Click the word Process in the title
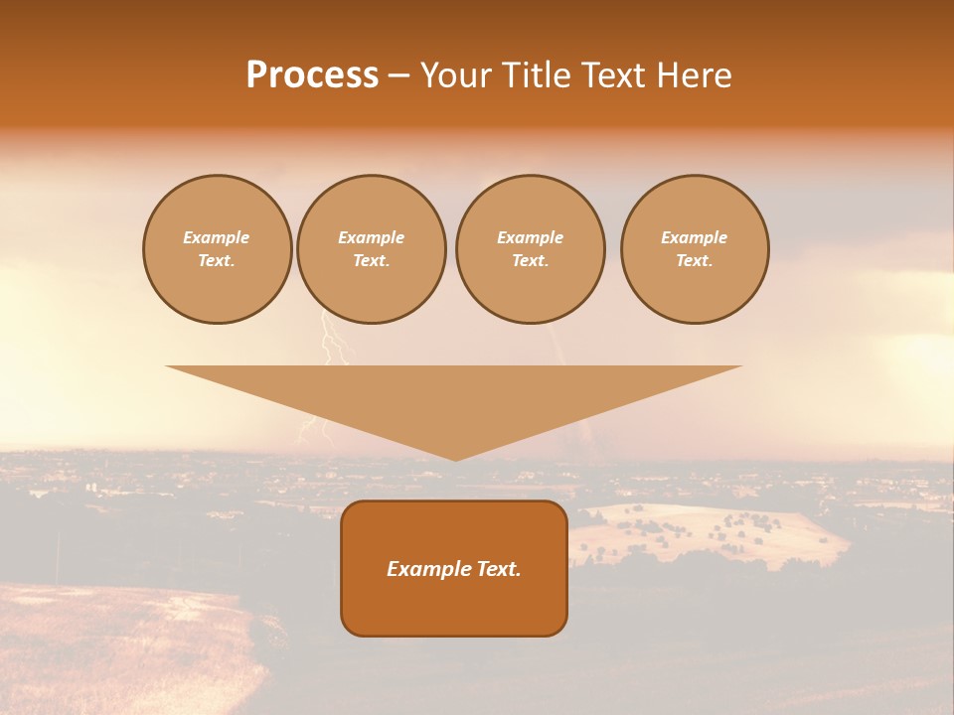click(312, 75)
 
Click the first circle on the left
click(217, 249)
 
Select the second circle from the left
click(371, 249)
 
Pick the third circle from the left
click(530, 249)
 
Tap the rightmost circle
click(694, 249)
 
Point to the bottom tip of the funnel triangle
click(455, 459)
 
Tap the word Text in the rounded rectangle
click(500, 569)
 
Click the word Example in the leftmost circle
click(217, 238)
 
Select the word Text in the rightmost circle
click(694, 261)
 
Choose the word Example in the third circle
click(530, 238)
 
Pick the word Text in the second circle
click(371, 261)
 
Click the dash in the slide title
click(399, 75)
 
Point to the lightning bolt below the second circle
click(335, 343)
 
